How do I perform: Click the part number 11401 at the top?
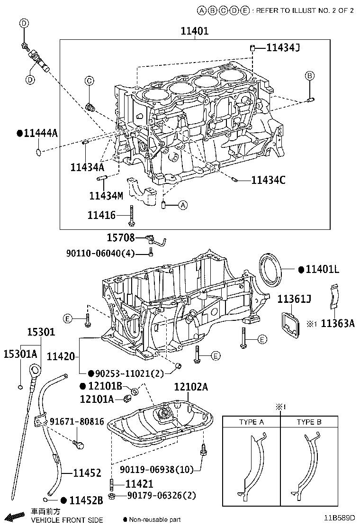tap(194, 31)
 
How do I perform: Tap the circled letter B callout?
tap(309, 75)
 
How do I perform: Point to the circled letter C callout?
tap(89, 81)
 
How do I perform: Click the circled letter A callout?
tap(183, 205)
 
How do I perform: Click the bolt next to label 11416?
tap(130, 216)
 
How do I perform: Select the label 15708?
tap(120, 237)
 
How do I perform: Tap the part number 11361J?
tap(294, 299)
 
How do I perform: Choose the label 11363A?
tap(338, 324)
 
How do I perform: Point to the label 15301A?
tap(20, 354)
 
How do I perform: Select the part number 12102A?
tap(191, 387)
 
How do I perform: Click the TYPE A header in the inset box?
tap(252, 422)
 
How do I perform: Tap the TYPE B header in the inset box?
tap(309, 422)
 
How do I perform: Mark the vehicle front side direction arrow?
tap(14, 516)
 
